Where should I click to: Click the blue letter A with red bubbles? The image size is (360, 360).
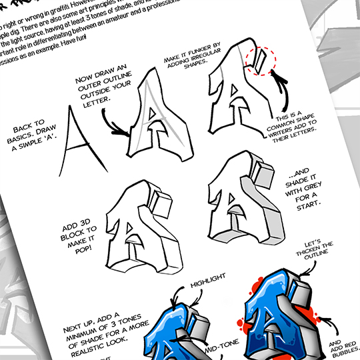click(x=280, y=320)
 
